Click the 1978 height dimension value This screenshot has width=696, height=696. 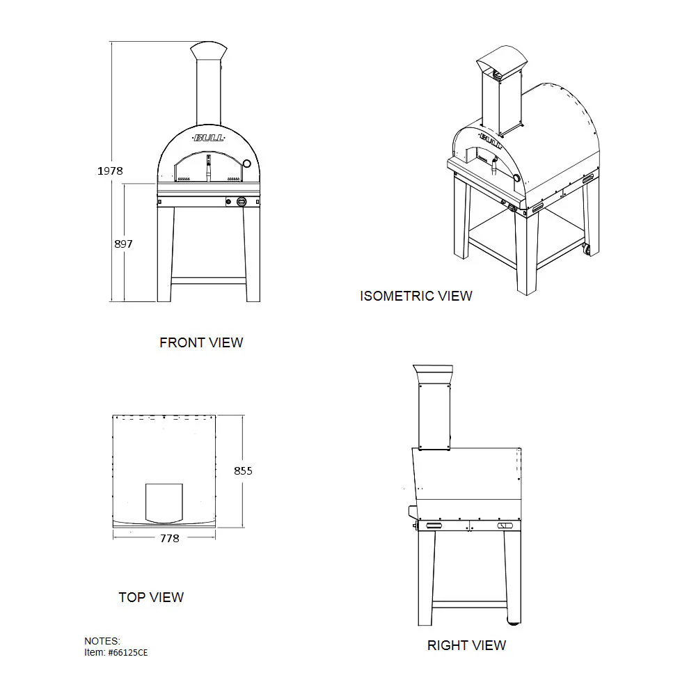pyautogui.click(x=110, y=171)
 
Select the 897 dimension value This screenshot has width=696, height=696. pyautogui.click(x=123, y=244)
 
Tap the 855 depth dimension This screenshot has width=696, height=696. pyautogui.click(x=243, y=471)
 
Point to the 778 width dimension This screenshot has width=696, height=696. pyautogui.click(x=170, y=539)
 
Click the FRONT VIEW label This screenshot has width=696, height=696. pyautogui.click(x=202, y=342)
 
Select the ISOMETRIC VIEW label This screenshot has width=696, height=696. pyautogui.click(x=416, y=296)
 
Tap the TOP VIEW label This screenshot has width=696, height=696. pyautogui.click(x=151, y=597)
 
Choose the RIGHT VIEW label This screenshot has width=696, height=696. pyautogui.click(x=466, y=645)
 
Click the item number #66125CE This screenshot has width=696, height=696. pyautogui.click(x=128, y=653)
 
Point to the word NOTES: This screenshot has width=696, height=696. pyautogui.click(x=102, y=641)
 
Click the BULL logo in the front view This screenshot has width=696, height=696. pyautogui.click(x=209, y=138)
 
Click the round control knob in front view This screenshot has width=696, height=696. pyautogui.click(x=241, y=202)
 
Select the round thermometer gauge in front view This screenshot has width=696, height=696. pyautogui.click(x=247, y=164)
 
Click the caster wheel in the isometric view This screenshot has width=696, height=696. pyautogui.click(x=587, y=249)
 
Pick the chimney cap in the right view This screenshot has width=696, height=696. pyautogui.click(x=433, y=374)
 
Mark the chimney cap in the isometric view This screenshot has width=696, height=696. pyautogui.click(x=502, y=61)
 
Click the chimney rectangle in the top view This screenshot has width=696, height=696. pyautogui.click(x=164, y=503)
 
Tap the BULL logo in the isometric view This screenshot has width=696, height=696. pyautogui.click(x=491, y=141)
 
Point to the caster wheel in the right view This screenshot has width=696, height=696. pyautogui.click(x=514, y=622)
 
